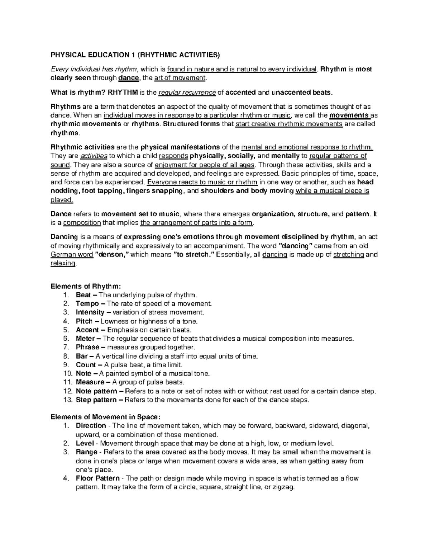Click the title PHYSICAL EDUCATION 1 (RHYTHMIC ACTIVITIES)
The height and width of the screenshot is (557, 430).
(134, 55)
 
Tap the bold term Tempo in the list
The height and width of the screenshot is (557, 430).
(87, 304)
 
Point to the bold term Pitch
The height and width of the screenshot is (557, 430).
(84, 321)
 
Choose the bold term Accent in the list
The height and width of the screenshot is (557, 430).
(87, 330)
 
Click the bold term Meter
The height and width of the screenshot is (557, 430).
(85, 339)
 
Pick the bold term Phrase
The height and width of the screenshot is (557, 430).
(87, 347)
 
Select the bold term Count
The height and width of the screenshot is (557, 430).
(86, 365)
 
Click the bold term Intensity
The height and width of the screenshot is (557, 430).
(90, 312)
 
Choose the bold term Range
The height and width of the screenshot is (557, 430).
(86, 452)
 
